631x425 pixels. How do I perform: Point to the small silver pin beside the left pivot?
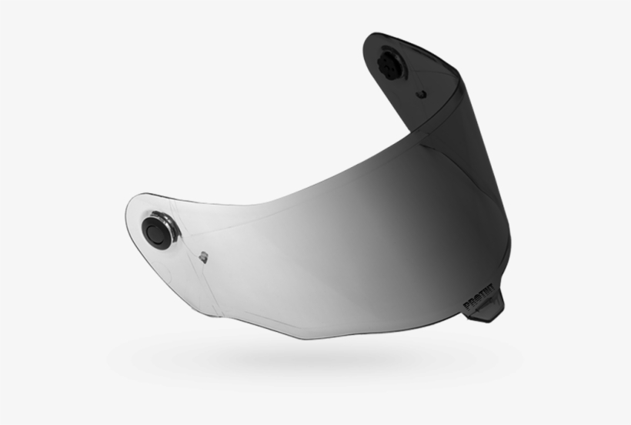[x=203, y=256]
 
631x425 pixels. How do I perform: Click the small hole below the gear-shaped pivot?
[x=420, y=94]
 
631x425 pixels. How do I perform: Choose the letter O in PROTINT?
[x=476, y=303]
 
